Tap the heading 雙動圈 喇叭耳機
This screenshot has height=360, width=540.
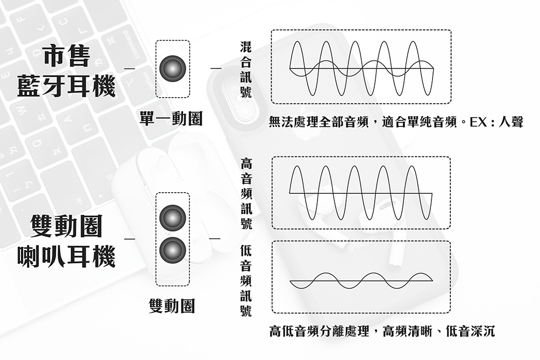pyautogui.click(x=66, y=241)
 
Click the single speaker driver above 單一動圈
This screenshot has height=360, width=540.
pyautogui.click(x=173, y=69)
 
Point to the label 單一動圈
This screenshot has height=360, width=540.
pyautogui.click(x=171, y=120)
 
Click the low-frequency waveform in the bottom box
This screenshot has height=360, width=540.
pyautogui.click(x=361, y=281)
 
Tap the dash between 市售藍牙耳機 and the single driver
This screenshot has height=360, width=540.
pyautogui.click(x=130, y=69)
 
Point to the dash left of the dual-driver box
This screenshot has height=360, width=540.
pyautogui.click(x=130, y=237)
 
